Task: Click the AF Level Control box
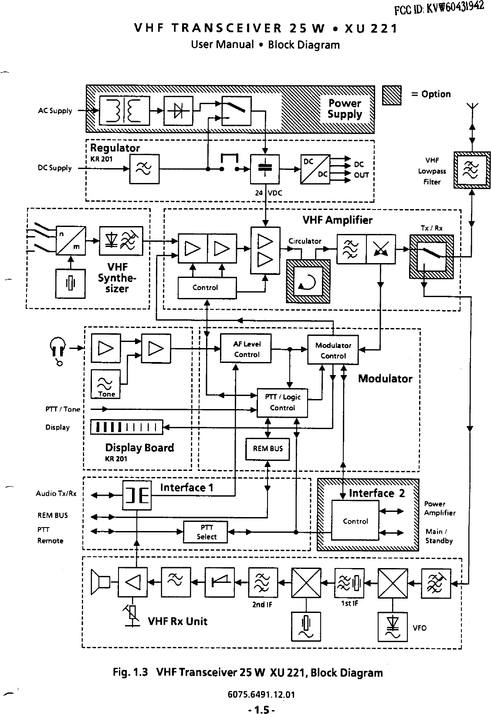coord(246,349)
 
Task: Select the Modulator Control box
coord(333,350)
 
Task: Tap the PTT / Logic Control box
coord(282,403)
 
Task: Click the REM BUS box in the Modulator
coord(268,449)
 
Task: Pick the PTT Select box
coord(206,532)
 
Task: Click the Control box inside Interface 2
coord(355,521)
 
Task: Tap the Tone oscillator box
coord(106,384)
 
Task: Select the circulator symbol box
coord(308,281)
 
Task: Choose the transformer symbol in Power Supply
coord(125,111)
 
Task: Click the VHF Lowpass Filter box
coord(472,170)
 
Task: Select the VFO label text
coord(420,628)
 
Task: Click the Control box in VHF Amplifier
coord(207,288)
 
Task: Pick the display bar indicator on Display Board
coord(127,427)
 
